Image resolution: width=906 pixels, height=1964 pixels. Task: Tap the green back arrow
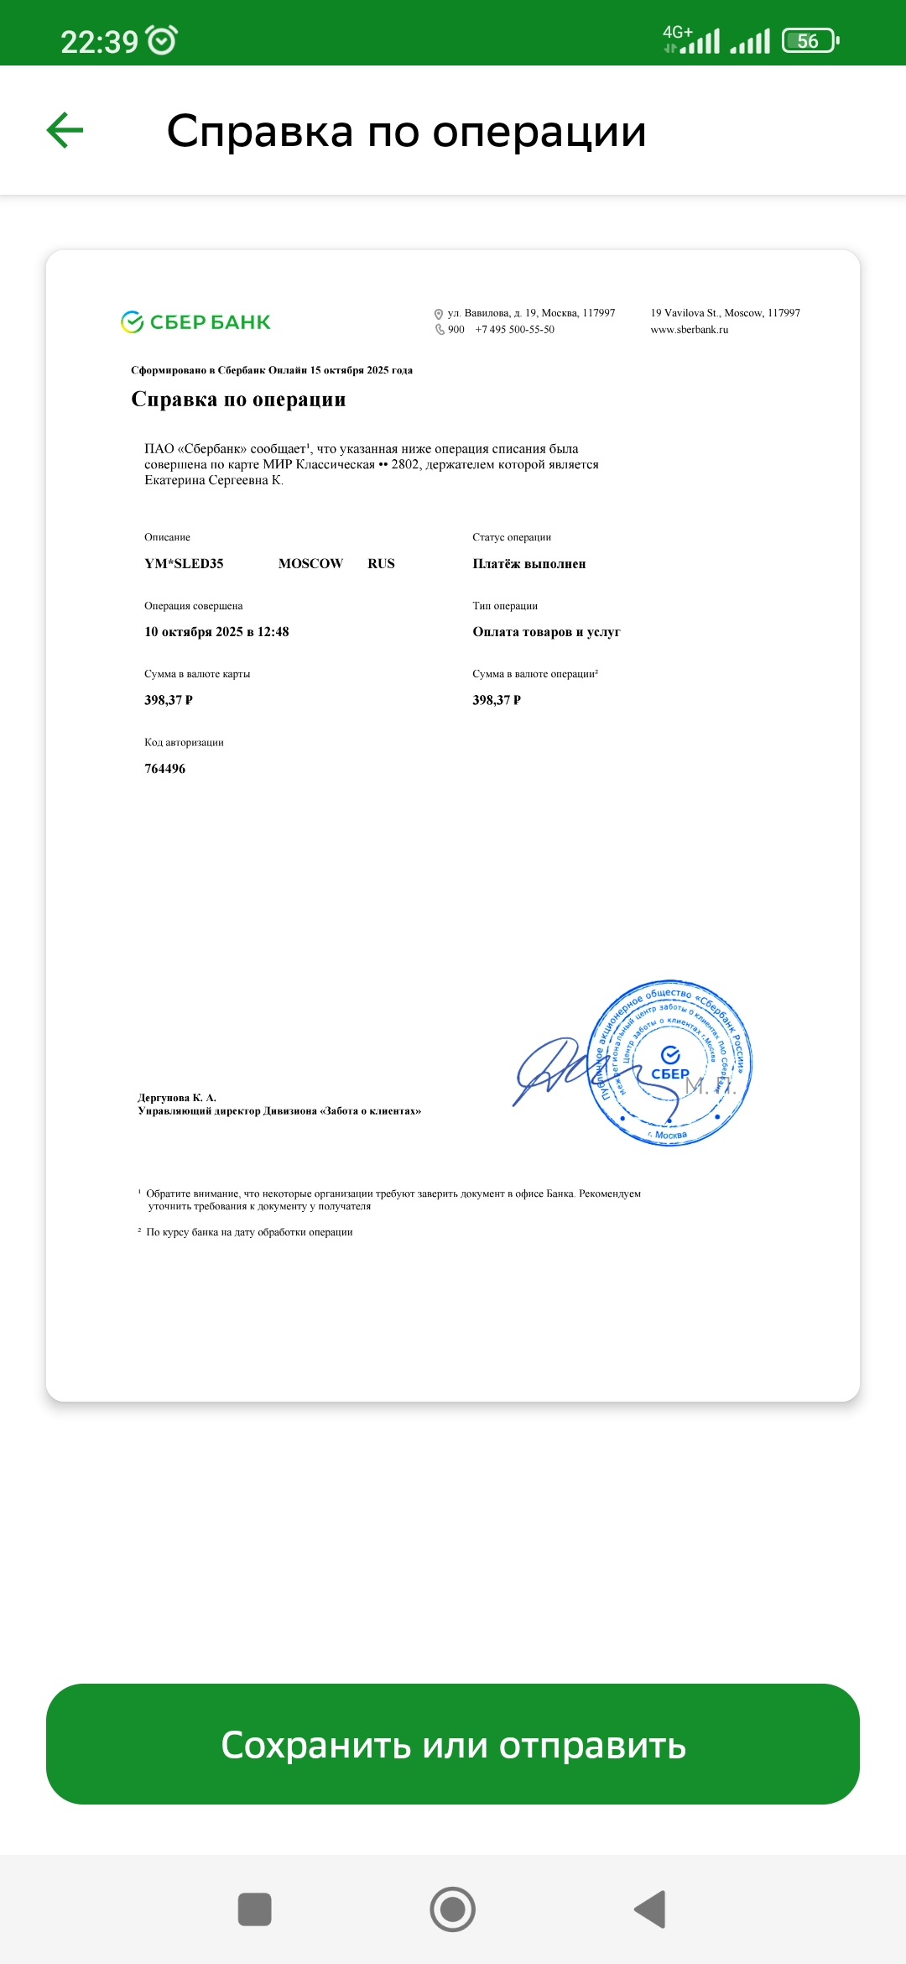pyautogui.click(x=65, y=130)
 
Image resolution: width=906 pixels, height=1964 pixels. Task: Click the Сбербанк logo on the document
pyautogui.click(x=195, y=322)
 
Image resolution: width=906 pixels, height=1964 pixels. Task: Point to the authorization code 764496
pyautogui.click(x=164, y=769)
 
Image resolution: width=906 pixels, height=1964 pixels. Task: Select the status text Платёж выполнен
pyautogui.click(x=528, y=564)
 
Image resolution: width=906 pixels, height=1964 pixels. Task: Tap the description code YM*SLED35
pyautogui.click(x=184, y=564)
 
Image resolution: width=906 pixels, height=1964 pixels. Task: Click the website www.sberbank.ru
pyautogui.click(x=689, y=330)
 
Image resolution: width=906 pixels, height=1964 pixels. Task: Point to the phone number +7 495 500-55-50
pyautogui.click(x=514, y=330)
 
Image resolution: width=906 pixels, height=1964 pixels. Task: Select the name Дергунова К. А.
pyautogui.click(x=177, y=1098)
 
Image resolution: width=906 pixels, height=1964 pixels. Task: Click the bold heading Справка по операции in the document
pyautogui.click(x=238, y=400)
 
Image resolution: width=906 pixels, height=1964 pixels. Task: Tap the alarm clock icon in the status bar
pyautogui.click(x=161, y=40)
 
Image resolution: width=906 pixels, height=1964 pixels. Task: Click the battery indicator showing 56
pyautogui.click(x=810, y=40)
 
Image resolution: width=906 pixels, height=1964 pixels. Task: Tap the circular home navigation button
pyautogui.click(x=453, y=1909)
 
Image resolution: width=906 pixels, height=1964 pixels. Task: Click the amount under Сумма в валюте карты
pyautogui.click(x=169, y=700)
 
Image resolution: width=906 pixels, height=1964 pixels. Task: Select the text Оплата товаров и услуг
pyautogui.click(x=546, y=632)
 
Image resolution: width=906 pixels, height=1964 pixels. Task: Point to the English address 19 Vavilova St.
pyautogui.click(x=725, y=313)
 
